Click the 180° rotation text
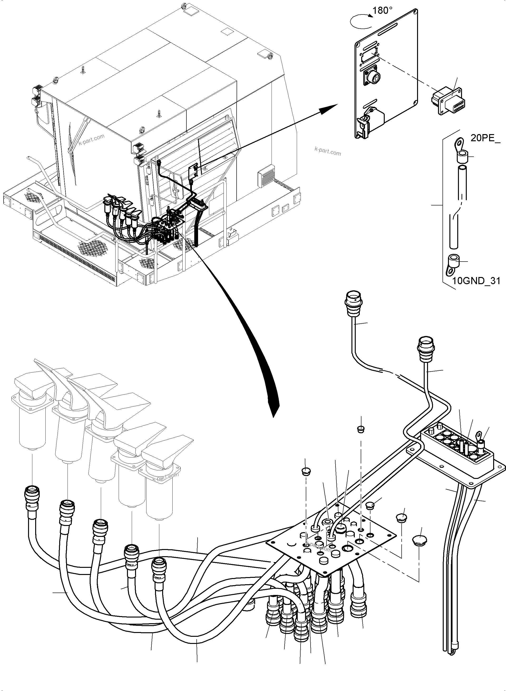(x=383, y=11)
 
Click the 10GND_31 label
(x=476, y=281)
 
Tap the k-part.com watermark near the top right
(x=327, y=151)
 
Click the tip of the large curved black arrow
(x=274, y=415)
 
